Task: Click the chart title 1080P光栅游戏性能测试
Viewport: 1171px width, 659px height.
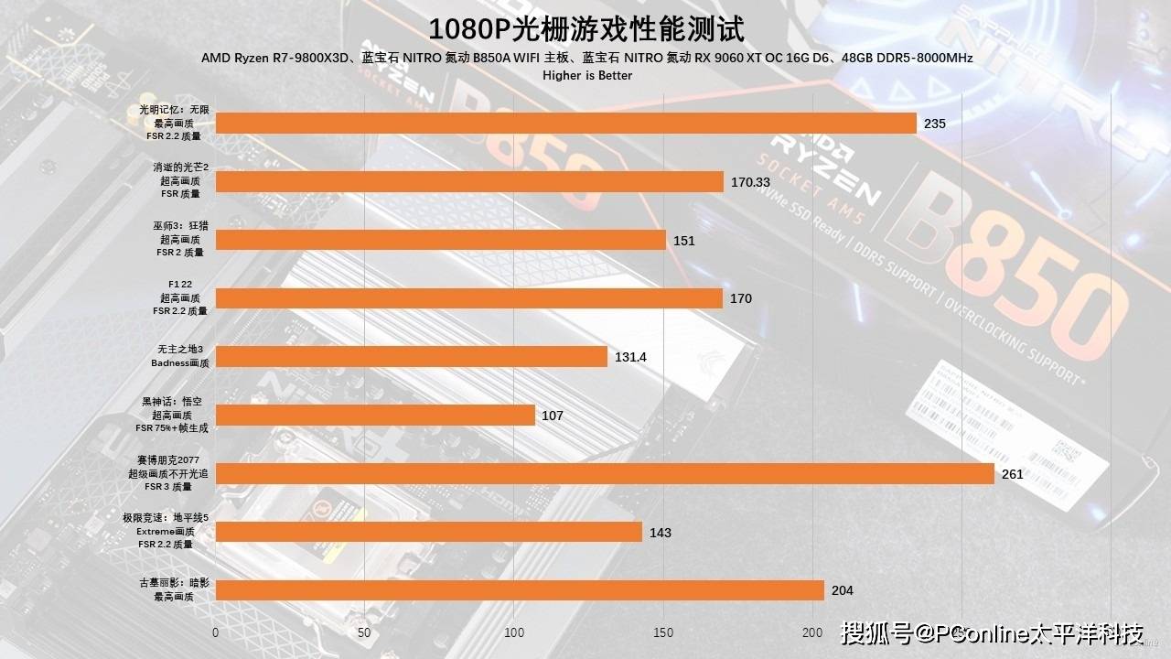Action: tap(585, 28)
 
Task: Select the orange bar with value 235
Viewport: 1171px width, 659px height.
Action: tap(565, 124)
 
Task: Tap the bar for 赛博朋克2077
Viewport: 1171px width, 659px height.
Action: tap(604, 474)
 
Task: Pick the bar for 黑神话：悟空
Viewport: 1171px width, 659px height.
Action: tap(375, 416)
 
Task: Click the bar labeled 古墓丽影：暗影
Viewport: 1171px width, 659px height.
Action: tap(520, 590)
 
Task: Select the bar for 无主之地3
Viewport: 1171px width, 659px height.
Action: tap(411, 357)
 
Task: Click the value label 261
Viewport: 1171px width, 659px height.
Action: tap(1012, 474)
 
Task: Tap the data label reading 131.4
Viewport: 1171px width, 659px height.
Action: tap(630, 357)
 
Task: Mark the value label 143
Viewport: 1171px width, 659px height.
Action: tap(660, 533)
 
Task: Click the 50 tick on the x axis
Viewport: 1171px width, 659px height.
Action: tap(364, 632)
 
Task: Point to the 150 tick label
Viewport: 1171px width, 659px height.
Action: tap(663, 632)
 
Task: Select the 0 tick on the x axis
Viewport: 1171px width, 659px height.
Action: tap(215, 632)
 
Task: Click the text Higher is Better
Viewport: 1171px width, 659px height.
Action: tap(586, 75)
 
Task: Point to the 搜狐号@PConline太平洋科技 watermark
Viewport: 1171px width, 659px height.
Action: tap(993, 632)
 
